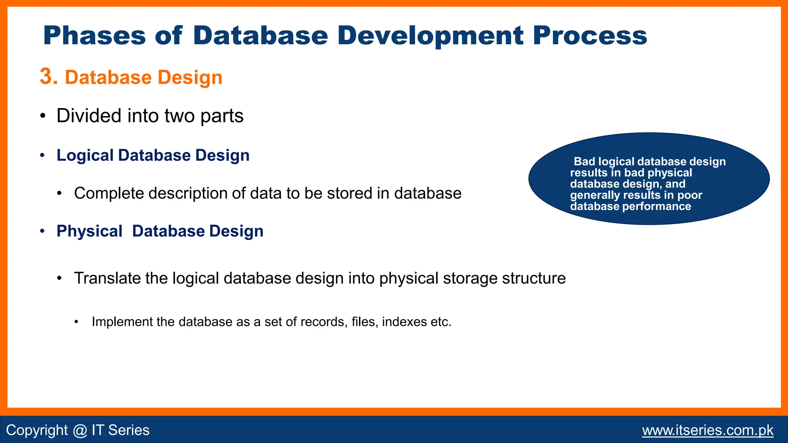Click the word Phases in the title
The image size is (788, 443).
point(94,36)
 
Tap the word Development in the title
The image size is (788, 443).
point(431,36)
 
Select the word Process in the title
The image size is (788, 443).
point(590,36)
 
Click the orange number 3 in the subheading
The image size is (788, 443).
point(48,77)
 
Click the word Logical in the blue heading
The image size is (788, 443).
point(85,156)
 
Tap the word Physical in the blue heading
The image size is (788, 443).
point(89,231)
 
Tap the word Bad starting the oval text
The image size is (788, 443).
point(584,162)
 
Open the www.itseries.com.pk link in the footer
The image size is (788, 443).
point(708,430)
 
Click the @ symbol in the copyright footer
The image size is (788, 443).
point(80,430)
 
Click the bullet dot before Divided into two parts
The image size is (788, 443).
point(43,116)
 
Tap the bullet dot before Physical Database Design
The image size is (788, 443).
point(43,231)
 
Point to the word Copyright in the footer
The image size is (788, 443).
point(37,430)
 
